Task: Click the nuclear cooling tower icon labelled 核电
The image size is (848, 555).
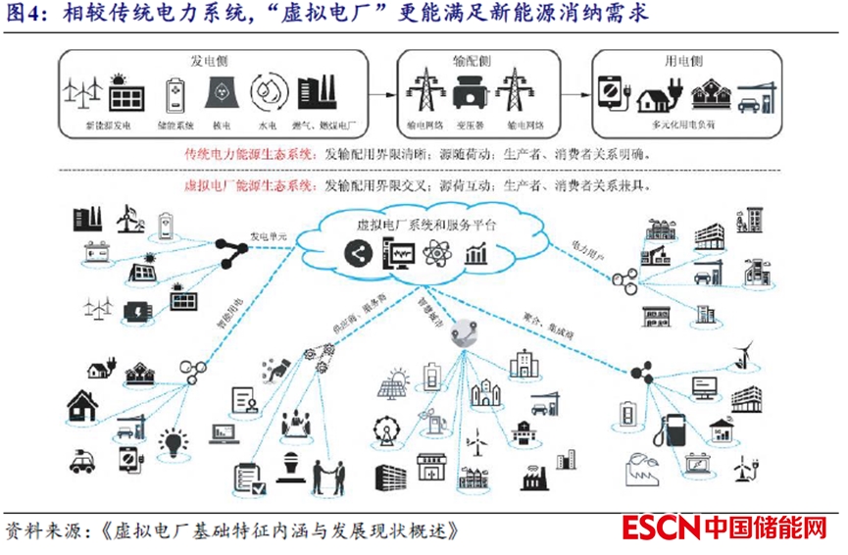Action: (219, 94)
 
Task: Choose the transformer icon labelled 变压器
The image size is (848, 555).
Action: (469, 94)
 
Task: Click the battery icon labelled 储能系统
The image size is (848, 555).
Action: (175, 94)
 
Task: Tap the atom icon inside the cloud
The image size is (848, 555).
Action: (441, 254)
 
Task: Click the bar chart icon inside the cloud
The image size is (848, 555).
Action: (478, 254)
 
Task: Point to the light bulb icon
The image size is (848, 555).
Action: (175, 442)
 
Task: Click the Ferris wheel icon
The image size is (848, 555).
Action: (384, 430)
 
